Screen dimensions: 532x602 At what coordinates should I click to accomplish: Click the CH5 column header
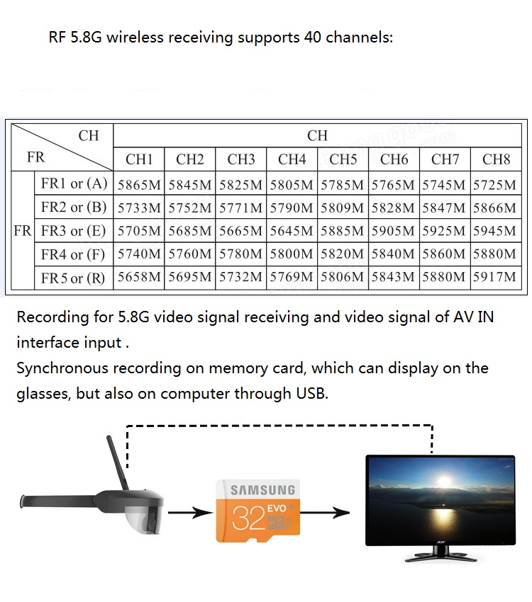[x=343, y=159]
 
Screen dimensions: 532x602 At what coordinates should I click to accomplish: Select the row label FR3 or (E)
[x=74, y=231]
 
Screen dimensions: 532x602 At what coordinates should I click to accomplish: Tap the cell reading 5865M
[x=139, y=185]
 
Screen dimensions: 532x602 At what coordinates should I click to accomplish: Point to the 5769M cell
[x=292, y=277]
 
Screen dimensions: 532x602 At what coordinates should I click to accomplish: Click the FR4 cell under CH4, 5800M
[x=292, y=254]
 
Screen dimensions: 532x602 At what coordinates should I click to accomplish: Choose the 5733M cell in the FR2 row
[x=139, y=208]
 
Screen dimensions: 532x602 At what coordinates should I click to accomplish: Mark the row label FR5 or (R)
[x=73, y=278]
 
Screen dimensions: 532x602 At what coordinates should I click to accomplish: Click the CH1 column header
[x=139, y=159]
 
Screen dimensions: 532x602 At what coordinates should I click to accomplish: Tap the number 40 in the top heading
[x=312, y=38]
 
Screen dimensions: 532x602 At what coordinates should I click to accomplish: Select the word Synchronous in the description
[x=62, y=368]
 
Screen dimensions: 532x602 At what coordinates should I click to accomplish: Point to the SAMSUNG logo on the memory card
[x=263, y=490]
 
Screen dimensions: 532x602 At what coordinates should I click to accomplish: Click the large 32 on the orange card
[x=248, y=518]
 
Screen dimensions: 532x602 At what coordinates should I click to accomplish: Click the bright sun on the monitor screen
[x=444, y=481]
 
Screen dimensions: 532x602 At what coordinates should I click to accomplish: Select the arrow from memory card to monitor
[x=325, y=512]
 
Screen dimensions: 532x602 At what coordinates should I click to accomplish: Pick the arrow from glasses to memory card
[x=190, y=512]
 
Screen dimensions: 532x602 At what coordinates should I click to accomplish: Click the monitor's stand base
[x=440, y=557]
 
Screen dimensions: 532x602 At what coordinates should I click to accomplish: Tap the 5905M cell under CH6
[x=393, y=231]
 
